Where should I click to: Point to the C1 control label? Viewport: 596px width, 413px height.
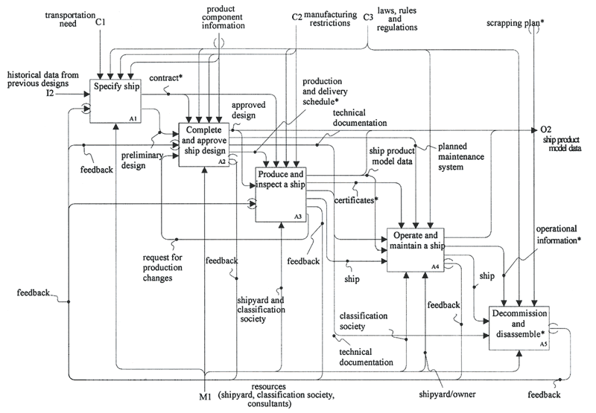tap(100, 24)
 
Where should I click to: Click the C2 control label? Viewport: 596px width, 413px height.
tap(297, 16)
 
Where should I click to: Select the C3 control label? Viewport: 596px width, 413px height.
tap(368, 16)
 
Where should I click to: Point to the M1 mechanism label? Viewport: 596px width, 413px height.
tap(204, 397)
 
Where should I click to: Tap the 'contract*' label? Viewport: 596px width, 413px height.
tap(164, 78)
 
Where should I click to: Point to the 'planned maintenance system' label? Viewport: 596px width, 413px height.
tap(463, 157)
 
